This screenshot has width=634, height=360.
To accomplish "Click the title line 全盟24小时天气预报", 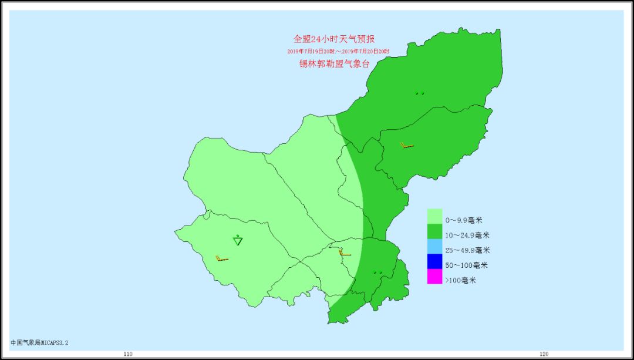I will point(334,39).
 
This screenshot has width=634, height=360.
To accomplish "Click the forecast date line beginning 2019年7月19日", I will point(338,52).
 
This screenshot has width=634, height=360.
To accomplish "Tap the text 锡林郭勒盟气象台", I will point(334,64).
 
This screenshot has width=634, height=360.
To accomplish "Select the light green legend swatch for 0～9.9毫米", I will point(434,216).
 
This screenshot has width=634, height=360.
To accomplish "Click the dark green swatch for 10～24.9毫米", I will point(434,231).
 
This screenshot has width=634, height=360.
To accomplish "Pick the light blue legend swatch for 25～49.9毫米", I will point(434,247).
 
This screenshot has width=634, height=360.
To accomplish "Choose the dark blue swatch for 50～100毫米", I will point(434,261).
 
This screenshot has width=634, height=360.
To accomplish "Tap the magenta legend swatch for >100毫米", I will point(434,277).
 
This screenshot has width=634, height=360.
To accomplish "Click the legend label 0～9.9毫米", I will point(464,220).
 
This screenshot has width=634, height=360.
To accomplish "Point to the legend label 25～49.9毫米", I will point(467,250).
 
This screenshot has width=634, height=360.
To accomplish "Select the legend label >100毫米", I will point(461,280).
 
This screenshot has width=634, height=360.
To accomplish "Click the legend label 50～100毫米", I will point(466,265).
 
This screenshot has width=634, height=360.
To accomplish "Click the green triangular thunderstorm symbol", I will point(238,240).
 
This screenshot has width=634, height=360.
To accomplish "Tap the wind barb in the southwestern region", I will point(222,258).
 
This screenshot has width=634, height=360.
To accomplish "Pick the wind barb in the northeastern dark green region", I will point(407,145).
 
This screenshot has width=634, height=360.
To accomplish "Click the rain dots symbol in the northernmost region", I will point(419,93).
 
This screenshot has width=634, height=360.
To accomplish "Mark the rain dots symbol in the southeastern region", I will point(377,272).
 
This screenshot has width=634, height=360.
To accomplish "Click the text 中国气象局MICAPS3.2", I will point(43,342).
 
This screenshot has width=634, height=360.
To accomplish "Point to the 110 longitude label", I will point(128,354).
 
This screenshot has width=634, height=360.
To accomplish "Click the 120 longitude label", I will point(544,354).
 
